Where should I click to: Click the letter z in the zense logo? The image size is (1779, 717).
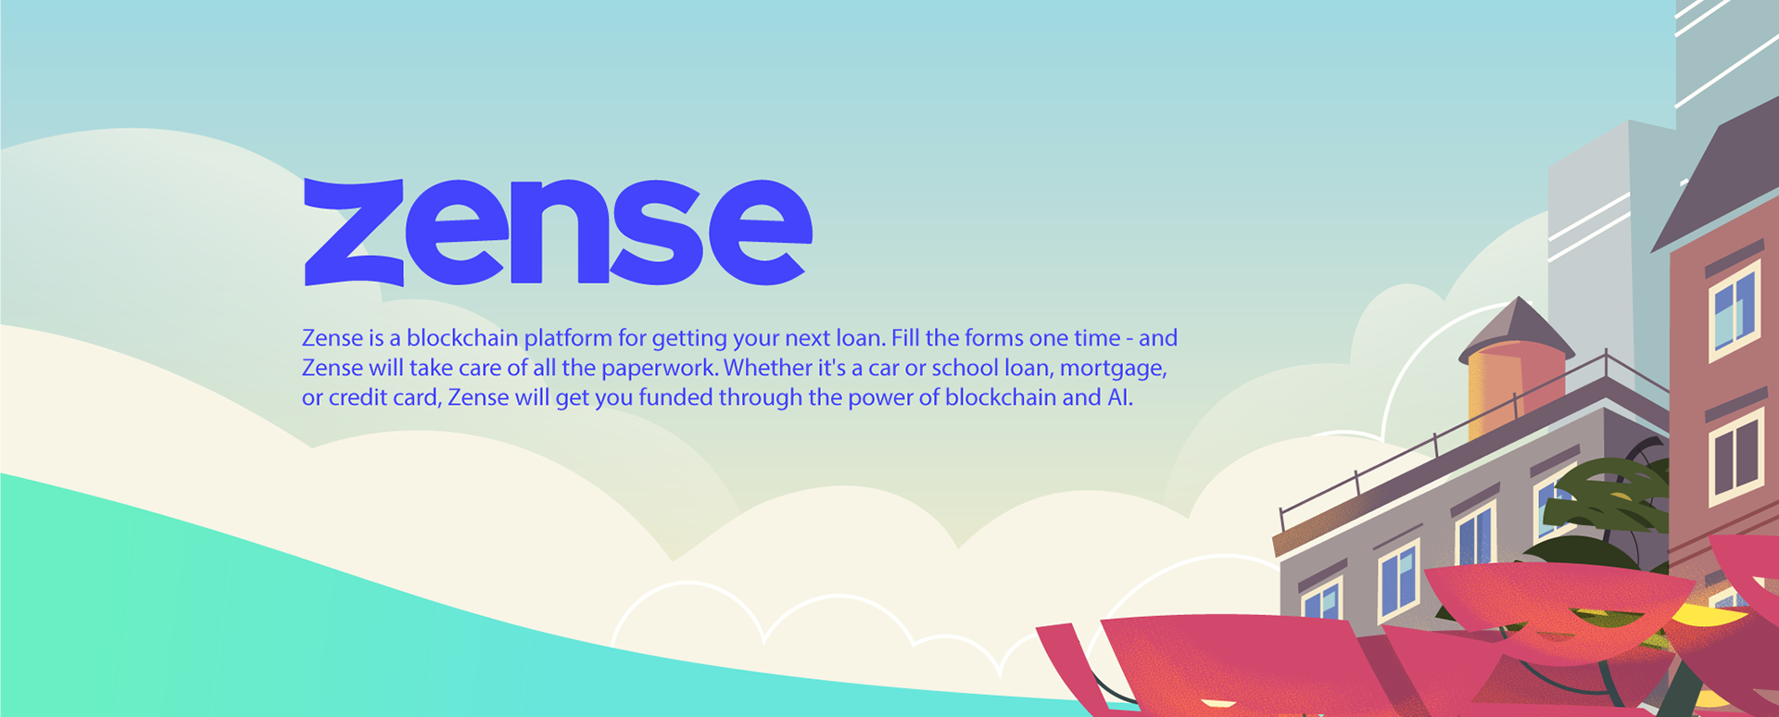coord(354,232)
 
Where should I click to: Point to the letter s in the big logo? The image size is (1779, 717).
coord(659,232)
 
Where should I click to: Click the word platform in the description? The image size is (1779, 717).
coord(568,338)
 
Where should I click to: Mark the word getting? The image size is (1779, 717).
coord(689,339)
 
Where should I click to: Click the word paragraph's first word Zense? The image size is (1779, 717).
coord(333,338)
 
